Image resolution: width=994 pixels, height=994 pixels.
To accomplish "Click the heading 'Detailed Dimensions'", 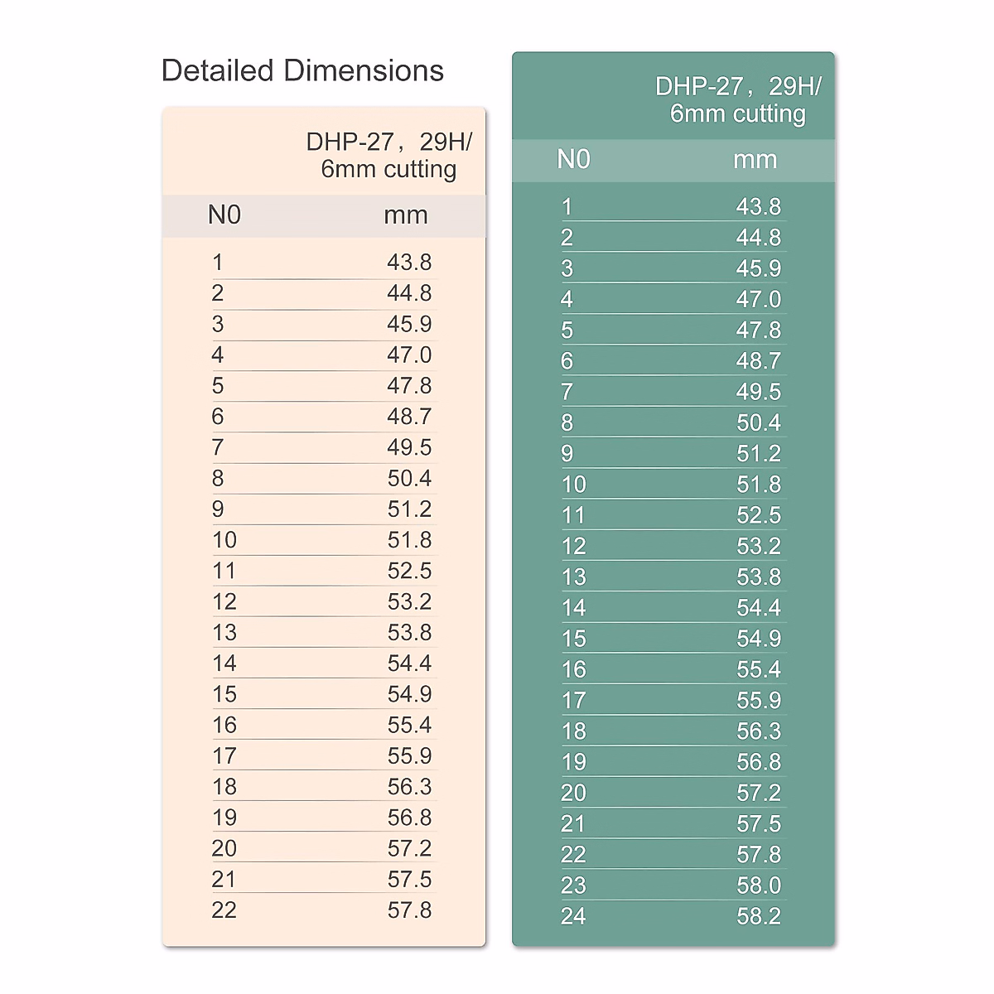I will [x=302, y=71].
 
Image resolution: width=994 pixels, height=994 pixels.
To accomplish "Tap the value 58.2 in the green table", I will [x=759, y=916].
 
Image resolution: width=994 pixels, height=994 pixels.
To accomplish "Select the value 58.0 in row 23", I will [x=759, y=885].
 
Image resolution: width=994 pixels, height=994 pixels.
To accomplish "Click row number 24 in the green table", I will [x=573, y=916].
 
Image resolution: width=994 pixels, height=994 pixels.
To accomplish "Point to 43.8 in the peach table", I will [x=409, y=263].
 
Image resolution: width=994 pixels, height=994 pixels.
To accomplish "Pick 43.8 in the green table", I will [x=759, y=207].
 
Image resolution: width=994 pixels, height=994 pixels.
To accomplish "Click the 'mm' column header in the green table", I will [x=755, y=160].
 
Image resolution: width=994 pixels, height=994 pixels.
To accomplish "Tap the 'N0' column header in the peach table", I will [x=224, y=215].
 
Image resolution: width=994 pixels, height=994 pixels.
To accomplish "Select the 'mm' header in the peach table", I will [x=406, y=215].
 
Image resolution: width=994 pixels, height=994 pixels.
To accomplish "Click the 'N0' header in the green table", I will [x=573, y=160].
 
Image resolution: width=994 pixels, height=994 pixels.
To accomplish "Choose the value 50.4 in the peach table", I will [x=409, y=479].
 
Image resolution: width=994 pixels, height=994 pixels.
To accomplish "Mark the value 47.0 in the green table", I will [x=759, y=300].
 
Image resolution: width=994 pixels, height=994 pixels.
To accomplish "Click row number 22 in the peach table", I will [x=224, y=910].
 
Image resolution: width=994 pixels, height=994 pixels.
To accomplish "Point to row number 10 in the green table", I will [x=573, y=485].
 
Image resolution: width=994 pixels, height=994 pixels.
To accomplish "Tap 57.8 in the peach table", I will [x=409, y=910].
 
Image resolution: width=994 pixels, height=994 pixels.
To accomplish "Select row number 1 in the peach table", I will [x=217, y=263].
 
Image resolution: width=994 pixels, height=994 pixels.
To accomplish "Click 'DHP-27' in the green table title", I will [x=688, y=87].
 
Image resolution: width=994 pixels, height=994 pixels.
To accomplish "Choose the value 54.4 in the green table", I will [x=759, y=608].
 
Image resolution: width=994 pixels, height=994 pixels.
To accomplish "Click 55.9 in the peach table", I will [x=409, y=756].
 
